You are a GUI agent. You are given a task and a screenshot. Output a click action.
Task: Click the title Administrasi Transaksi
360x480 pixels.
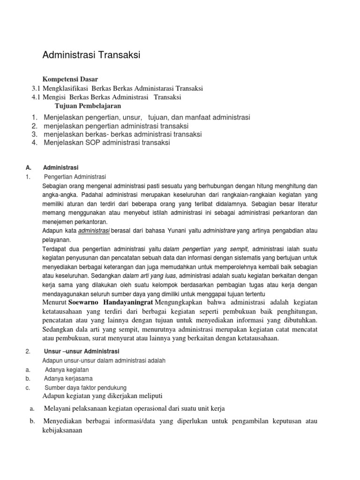tap(91, 55)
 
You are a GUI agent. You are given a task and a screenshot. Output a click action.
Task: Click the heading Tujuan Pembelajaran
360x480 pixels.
tap(88, 105)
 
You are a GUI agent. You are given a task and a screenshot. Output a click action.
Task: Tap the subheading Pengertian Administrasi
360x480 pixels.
tap(75, 177)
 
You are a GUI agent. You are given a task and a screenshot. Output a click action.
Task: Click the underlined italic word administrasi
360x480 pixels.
tap(94, 231)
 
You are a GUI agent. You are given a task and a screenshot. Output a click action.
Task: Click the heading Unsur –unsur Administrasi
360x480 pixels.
tap(82, 351)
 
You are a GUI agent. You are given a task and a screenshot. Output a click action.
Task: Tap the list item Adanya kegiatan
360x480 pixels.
tap(67, 369)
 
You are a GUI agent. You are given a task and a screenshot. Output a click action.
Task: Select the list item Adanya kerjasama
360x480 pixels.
tap(68, 378)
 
